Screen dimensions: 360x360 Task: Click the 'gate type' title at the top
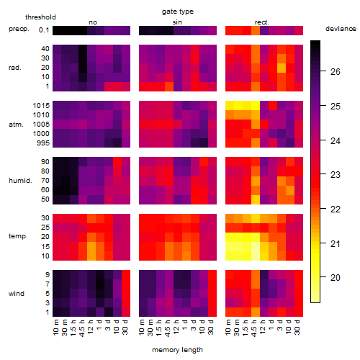point(178,12)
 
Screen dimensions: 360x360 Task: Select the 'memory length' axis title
point(177,350)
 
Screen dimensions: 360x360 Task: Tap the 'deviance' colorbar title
point(341,29)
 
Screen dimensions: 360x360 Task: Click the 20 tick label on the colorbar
point(336,278)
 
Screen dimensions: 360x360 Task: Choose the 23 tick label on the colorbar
point(336,175)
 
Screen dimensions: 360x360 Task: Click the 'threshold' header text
point(40,17)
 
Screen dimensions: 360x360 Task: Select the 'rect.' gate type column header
point(261,22)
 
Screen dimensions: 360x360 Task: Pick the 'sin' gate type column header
point(177,22)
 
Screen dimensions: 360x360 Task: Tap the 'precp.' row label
point(19,29)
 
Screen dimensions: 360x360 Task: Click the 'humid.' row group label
point(20,181)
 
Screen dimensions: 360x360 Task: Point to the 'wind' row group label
point(17,294)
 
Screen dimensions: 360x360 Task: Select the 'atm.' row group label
point(16,125)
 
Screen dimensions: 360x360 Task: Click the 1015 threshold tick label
point(41,106)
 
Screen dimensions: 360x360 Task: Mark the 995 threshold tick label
point(43,143)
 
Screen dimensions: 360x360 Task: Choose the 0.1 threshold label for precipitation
point(44,30)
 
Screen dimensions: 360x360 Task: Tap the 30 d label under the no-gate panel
point(125,327)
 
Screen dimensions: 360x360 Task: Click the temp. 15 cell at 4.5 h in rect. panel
point(256,246)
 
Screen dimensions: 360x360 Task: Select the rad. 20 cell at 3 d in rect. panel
point(282,68)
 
